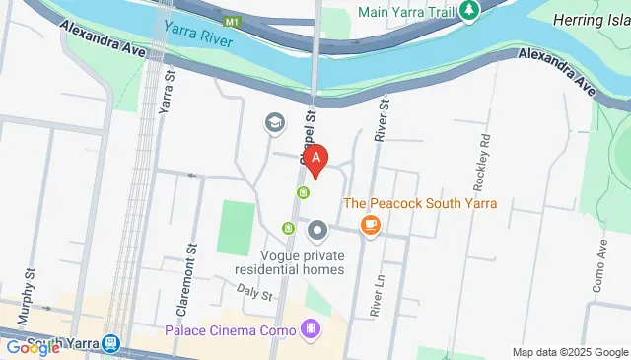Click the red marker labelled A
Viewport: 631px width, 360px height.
tap(315, 158)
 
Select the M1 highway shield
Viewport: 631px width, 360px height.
tap(232, 20)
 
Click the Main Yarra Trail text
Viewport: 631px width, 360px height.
tap(406, 11)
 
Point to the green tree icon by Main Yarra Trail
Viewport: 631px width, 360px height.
tap(469, 10)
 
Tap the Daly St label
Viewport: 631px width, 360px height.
tap(253, 291)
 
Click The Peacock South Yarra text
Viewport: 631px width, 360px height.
tap(419, 204)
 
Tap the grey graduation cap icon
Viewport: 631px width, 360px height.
tap(274, 123)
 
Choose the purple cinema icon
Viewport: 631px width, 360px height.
tap(313, 328)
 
